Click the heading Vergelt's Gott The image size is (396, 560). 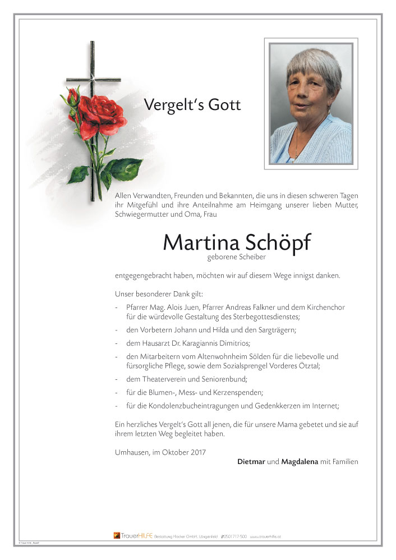click(x=192, y=105)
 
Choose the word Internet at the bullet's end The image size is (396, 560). click(x=326, y=406)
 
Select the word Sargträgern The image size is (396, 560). click(x=265, y=330)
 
